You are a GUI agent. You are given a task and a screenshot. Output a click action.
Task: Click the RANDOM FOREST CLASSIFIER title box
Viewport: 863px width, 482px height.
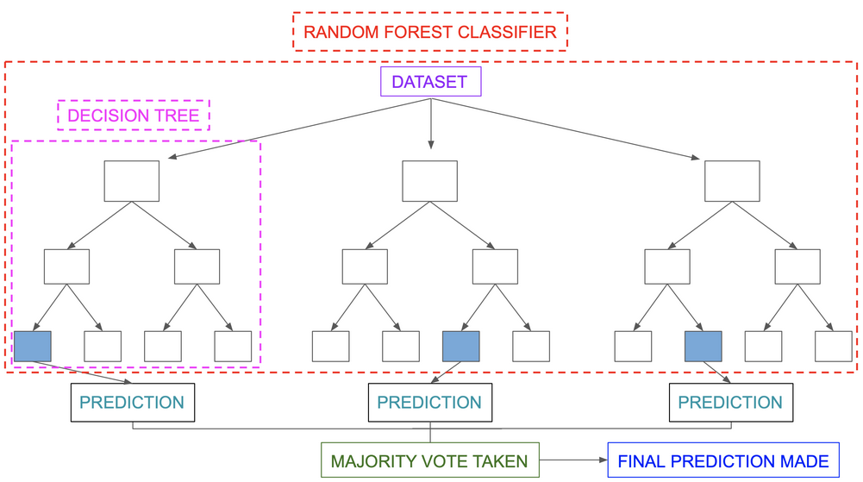431,34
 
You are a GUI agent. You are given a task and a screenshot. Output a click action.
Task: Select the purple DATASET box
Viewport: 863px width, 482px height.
430,83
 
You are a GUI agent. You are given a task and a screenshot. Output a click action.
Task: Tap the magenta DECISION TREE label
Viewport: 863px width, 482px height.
134,115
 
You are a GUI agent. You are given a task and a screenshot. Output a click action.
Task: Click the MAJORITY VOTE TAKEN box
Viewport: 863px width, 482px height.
430,460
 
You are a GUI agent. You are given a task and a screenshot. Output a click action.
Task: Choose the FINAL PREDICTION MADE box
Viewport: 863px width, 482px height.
723,460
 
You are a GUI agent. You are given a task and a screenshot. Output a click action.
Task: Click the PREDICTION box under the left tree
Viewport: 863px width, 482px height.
132,403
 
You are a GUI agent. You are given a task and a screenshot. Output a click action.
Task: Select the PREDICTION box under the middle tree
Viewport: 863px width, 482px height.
430,403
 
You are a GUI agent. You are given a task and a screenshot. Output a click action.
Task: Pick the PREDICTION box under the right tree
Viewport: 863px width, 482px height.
730,403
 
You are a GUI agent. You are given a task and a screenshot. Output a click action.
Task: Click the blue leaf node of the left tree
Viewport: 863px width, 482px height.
33,346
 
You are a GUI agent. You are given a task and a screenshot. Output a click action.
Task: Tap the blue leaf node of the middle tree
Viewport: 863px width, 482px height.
460,346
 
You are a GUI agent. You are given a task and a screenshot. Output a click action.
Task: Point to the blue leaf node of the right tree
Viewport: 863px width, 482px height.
704,346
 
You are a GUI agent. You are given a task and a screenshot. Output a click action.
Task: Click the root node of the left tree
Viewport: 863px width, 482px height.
132,181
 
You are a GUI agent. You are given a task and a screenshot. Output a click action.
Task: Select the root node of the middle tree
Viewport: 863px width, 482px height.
430,181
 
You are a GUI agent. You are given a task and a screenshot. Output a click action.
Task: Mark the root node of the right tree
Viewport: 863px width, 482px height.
732,181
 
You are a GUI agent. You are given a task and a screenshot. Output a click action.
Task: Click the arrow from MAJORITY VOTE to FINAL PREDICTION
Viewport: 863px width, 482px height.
574,460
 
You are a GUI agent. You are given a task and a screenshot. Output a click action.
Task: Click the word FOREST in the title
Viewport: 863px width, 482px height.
408,34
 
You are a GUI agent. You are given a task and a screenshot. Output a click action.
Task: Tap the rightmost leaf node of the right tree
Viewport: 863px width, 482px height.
834,346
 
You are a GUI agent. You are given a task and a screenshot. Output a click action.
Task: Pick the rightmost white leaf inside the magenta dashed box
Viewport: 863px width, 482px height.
233,346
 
